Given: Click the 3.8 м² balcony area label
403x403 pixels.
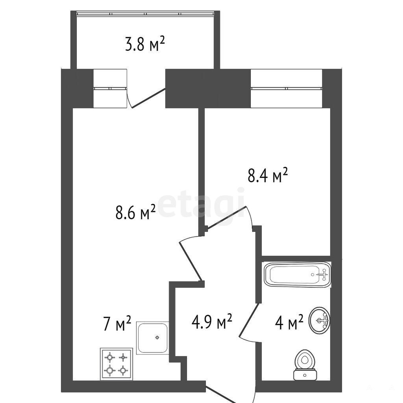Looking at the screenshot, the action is click(145, 44).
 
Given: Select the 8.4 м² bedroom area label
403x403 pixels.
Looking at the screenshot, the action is click(267, 175).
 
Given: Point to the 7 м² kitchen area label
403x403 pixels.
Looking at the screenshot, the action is click(117, 323).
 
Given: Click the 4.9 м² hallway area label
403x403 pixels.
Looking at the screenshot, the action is click(212, 321).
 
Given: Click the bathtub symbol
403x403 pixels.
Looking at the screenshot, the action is click(298, 274).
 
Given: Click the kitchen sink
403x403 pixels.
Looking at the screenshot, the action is click(152, 338).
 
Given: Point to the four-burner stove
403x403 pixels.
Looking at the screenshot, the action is click(116, 364).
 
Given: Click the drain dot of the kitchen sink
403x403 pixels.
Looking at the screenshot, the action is click(157, 337).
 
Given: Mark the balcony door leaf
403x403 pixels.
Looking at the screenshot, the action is click(148, 98).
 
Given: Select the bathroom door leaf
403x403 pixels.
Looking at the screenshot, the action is click(249, 320).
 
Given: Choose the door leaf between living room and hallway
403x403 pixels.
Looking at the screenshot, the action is click(190, 261).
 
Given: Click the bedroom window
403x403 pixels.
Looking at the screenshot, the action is click(287, 89).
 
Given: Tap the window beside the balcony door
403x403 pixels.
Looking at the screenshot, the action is click(110, 89).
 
